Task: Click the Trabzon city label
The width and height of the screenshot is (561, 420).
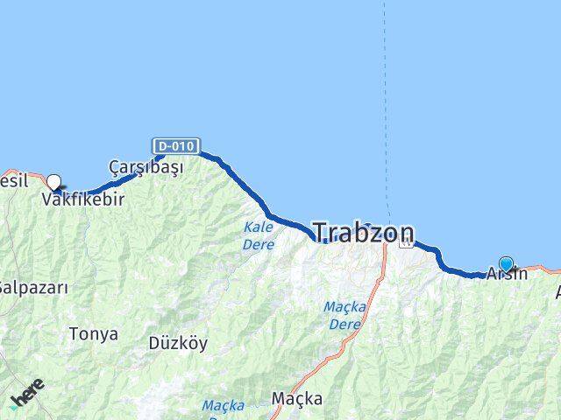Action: (364, 232)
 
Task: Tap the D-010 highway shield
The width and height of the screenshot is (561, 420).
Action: (176, 145)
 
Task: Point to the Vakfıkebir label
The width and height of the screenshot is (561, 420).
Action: (83, 199)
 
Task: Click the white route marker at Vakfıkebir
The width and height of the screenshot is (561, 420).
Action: (54, 183)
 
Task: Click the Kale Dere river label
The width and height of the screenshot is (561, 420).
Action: (259, 234)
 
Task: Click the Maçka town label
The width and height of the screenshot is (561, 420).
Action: (296, 399)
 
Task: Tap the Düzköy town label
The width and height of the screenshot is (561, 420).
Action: (178, 343)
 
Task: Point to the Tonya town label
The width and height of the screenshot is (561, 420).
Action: (93, 333)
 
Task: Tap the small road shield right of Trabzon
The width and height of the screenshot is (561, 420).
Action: (405, 244)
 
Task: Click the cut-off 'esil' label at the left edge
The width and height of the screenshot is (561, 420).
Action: (15, 180)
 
